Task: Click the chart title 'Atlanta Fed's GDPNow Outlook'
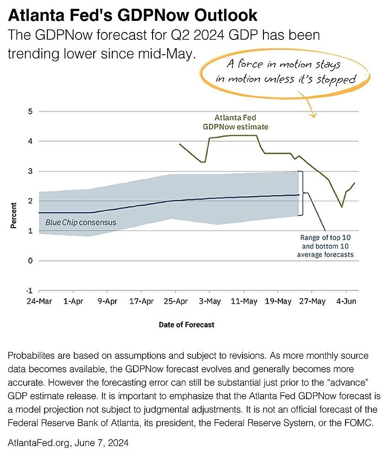pyautogui.click(x=133, y=15)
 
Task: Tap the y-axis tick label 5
pyautogui.click(x=30, y=111)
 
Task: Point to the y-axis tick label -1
pyautogui.click(x=29, y=290)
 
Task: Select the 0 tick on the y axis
pyautogui.click(x=30, y=261)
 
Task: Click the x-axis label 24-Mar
pyautogui.click(x=39, y=301)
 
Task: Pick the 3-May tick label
pyautogui.click(x=210, y=301)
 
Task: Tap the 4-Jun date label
pyautogui.click(x=346, y=301)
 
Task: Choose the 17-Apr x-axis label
pyautogui.click(x=141, y=301)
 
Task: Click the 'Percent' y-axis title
pyautogui.click(x=13, y=216)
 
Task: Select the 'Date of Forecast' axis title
pyautogui.click(x=186, y=325)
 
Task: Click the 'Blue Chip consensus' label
pyautogui.click(x=81, y=223)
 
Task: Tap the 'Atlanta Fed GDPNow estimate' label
pyautogui.click(x=236, y=122)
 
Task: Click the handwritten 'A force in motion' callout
pyautogui.click(x=286, y=71)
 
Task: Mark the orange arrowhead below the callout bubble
pyautogui.click(x=313, y=115)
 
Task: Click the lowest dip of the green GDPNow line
pyautogui.click(x=342, y=207)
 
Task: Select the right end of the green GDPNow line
pyautogui.click(x=354, y=183)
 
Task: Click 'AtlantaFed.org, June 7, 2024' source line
pyautogui.click(x=68, y=443)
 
